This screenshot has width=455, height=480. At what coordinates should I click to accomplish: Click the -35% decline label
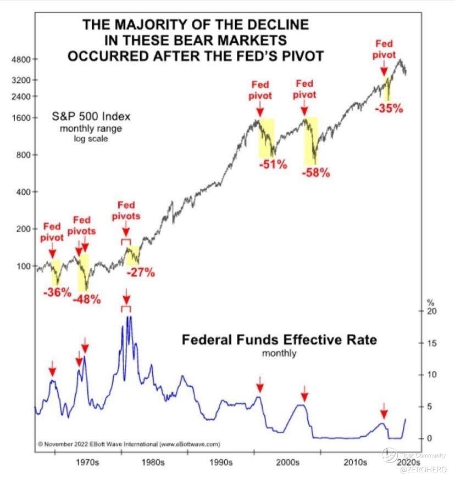point(389,109)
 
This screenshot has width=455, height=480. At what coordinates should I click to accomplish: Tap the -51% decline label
point(273,163)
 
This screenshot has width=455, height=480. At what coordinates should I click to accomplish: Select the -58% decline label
point(316,173)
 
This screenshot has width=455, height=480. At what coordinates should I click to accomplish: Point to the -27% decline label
point(141,272)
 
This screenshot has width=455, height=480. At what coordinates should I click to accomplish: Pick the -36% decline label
point(57,292)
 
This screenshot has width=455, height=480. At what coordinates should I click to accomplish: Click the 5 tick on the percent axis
point(430,406)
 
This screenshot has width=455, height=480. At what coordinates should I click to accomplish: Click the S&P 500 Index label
point(91,117)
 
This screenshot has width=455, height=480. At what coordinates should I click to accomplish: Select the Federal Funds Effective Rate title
point(280,340)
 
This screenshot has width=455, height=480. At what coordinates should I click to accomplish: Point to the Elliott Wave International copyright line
point(129,443)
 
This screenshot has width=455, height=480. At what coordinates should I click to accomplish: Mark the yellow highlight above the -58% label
point(310,141)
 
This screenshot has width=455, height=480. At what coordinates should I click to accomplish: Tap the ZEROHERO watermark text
point(421,470)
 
